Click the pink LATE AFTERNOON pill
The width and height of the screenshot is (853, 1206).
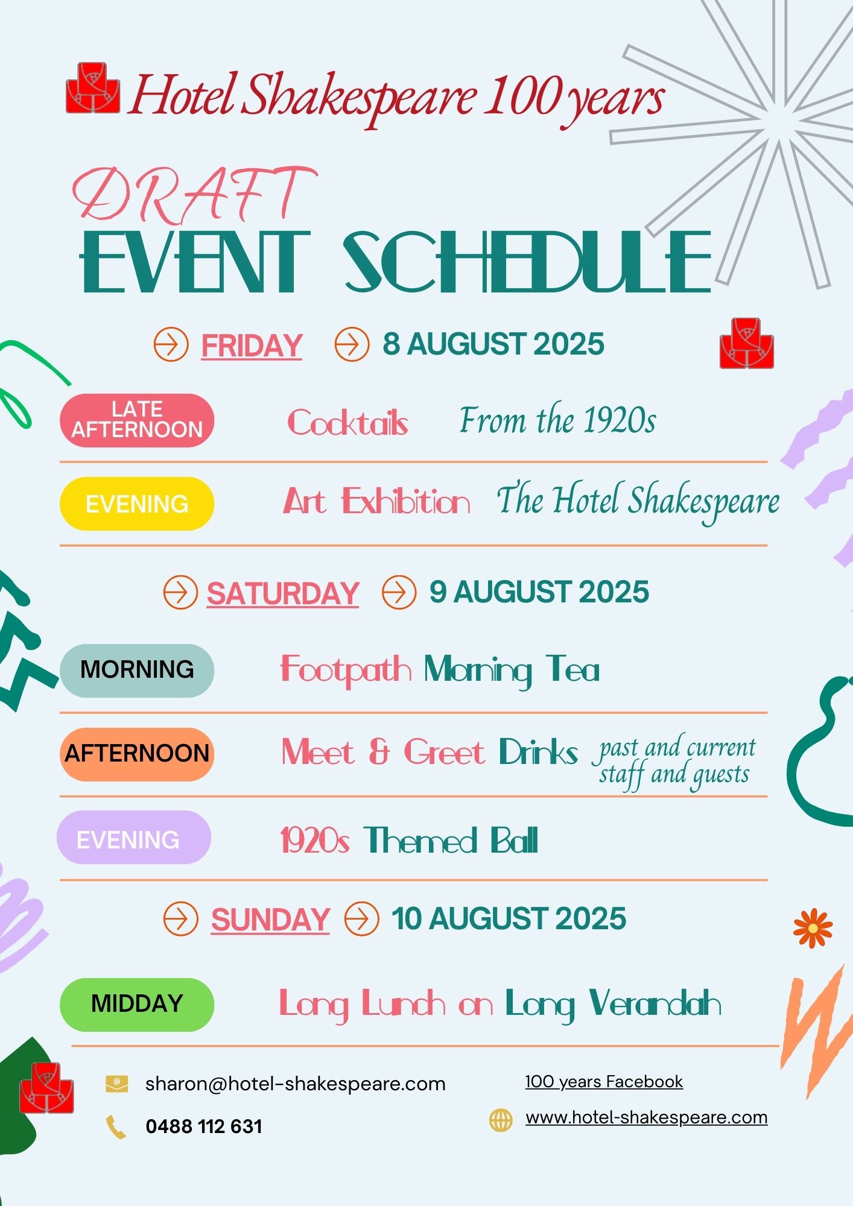pyautogui.click(x=137, y=420)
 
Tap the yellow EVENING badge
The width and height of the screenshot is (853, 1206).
pyautogui.click(x=137, y=504)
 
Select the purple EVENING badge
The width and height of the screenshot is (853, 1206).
pyautogui.click(x=134, y=838)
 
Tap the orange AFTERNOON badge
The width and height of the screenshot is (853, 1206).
pyautogui.click(x=137, y=754)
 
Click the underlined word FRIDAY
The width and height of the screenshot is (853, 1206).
pyautogui.click(x=252, y=346)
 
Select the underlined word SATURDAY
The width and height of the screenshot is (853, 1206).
pyautogui.click(x=283, y=594)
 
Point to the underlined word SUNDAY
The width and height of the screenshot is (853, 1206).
pyautogui.click(x=270, y=920)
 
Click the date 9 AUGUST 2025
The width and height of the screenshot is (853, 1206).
pyautogui.click(x=539, y=592)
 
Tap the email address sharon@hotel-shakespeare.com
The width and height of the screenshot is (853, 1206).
pyautogui.click(x=295, y=1084)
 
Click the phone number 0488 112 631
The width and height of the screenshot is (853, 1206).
pyautogui.click(x=204, y=1126)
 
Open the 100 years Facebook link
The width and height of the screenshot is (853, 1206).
pyautogui.click(x=604, y=1082)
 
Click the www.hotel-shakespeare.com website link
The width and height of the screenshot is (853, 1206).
pyautogui.click(x=646, y=1117)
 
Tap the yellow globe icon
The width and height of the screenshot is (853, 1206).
pyautogui.click(x=500, y=1120)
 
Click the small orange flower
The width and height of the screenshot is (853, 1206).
pyautogui.click(x=813, y=928)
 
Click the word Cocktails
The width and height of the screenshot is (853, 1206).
pyautogui.click(x=347, y=422)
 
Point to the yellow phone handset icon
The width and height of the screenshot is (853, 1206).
pyautogui.click(x=116, y=1127)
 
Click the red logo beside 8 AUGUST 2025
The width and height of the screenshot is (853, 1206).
pyautogui.click(x=747, y=343)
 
